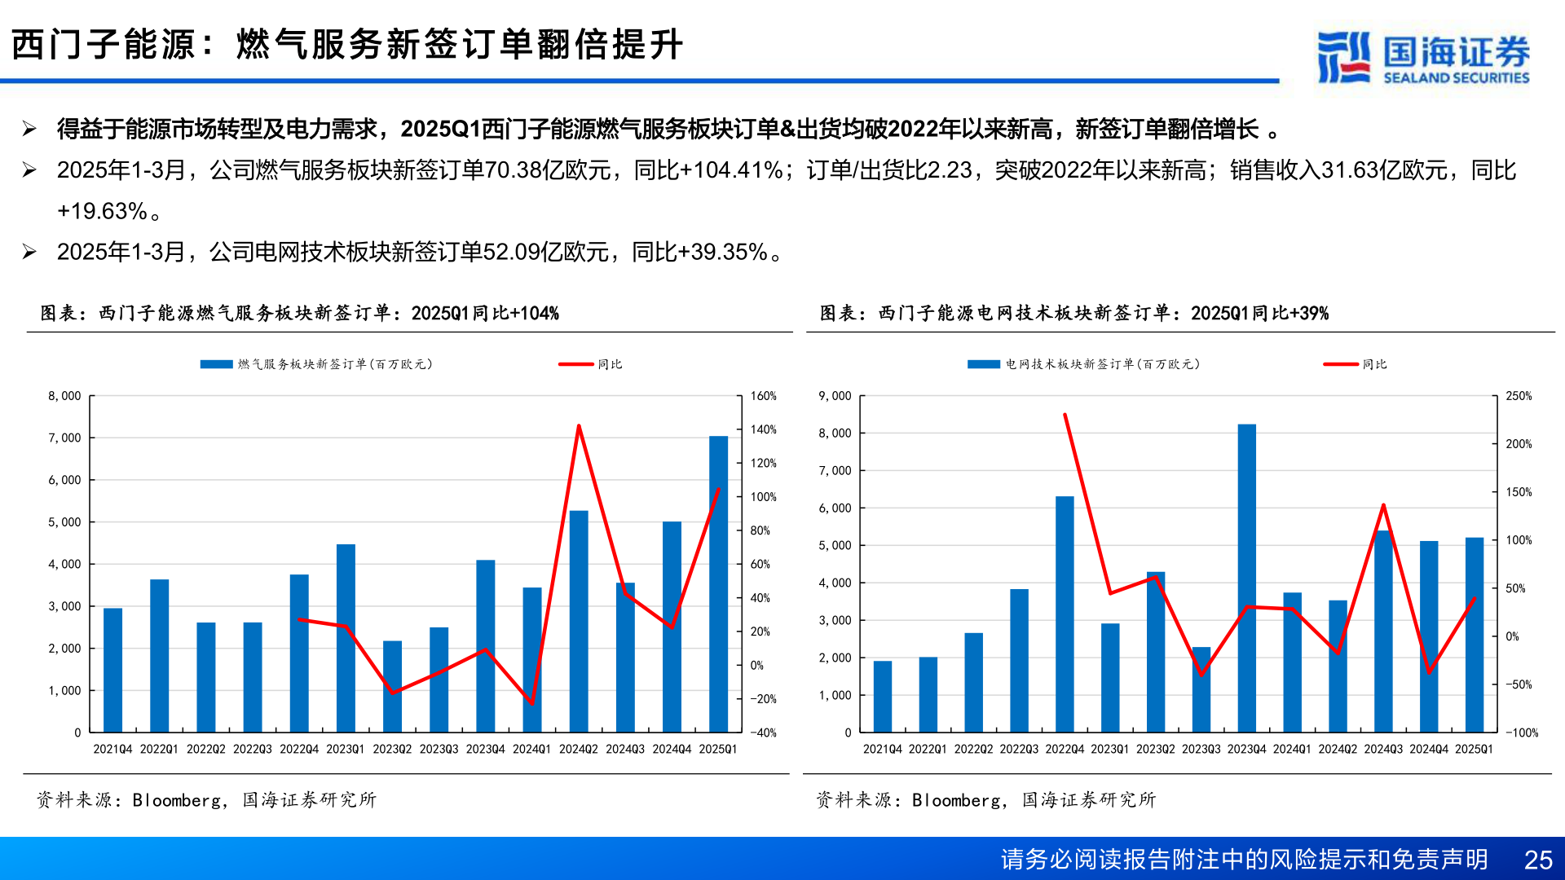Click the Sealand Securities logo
click(x=1423, y=57)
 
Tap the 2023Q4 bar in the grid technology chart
click(x=1246, y=578)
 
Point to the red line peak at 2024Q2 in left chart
click(x=579, y=426)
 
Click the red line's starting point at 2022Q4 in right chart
click(x=1065, y=415)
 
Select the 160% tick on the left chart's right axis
click(x=763, y=396)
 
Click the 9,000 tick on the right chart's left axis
click(x=835, y=396)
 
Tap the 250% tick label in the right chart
click(x=1519, y=396)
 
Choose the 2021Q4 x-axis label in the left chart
click(x=112, y=749)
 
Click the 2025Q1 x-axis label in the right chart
click(x=1474, y=749)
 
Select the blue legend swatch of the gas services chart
click(x=217, y=364)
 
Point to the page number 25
click(x=1538, y=860)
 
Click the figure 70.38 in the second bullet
click(x=513, y=170)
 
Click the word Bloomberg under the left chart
click(x=176, y=800)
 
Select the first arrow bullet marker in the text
click(x=29, y=129)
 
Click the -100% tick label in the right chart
click(x=1521, y=733)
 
